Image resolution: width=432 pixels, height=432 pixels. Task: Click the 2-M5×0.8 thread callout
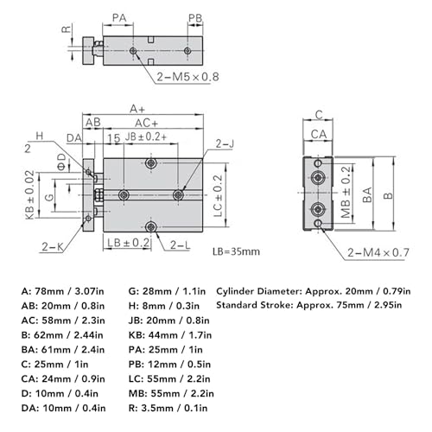pyautogui.click(x=188, y=75)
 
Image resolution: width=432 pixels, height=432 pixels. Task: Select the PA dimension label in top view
pyautogui.click(x=120, y=16)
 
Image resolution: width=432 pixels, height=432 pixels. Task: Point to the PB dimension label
pyautogui.click(x=195, y=16)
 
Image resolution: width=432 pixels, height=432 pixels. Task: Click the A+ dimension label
pyautogui.click(x=137, y=109)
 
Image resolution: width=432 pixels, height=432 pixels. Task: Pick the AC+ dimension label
pyautogui.click(x=146, y=123)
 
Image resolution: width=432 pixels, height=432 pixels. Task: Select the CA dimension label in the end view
pyautogui.click(x=318, y=133)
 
